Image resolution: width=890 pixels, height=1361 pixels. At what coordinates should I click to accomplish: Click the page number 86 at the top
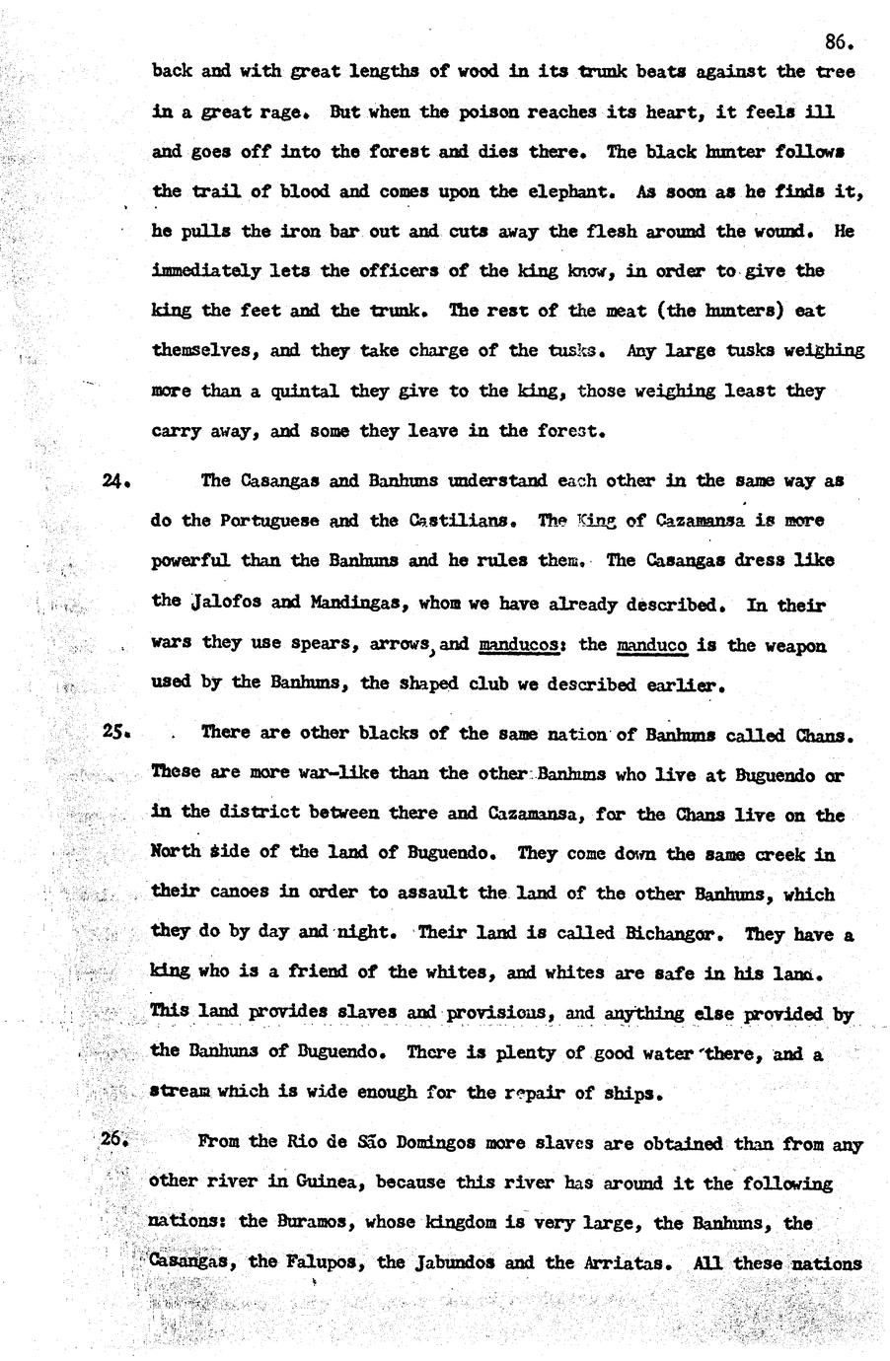(x=837, y=41)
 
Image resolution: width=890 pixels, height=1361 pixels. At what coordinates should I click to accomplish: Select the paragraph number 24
(x=116, y=481)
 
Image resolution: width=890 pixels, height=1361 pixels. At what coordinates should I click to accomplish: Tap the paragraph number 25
(x=116, y=733)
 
